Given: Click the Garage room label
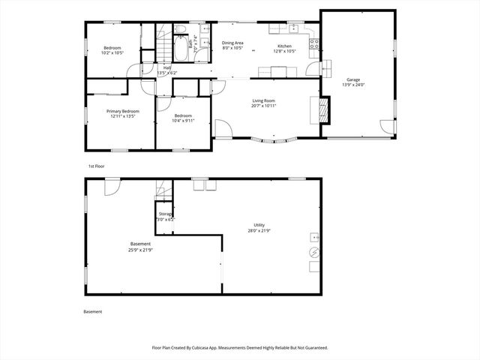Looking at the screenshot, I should point(352,79).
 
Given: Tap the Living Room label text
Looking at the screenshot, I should point(263,100).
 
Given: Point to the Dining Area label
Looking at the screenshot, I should point(232,43).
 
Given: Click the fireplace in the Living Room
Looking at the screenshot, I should point(322,110).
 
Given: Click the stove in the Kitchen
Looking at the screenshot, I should point(316,43).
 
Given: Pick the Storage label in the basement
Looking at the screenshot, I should point(166,214).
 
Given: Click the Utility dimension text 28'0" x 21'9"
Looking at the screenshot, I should point(259,230).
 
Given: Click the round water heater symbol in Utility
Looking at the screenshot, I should point(314,265).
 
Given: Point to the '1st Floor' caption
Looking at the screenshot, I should point(95,165).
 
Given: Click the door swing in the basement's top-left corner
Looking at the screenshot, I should point(111,185).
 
